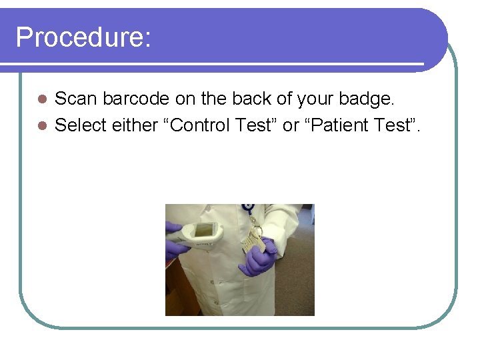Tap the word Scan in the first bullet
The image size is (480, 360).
(x=74, y=99)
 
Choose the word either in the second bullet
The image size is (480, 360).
(x=135, y=125)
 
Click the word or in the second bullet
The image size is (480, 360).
(x=291, y=125)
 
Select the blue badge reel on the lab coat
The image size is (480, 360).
(x=249, y=208)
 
